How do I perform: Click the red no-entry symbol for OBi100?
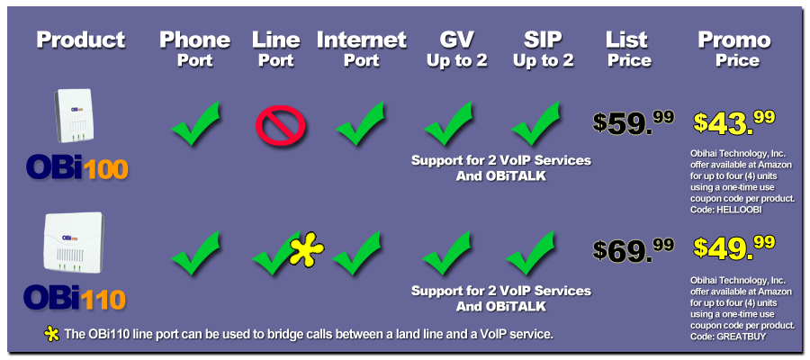pyautogui.click(x=281, y=125)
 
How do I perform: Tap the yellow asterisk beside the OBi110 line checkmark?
pyautogui.click(x=306, y=249)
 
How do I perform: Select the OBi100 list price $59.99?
pyautogui.click(x=634, y=123)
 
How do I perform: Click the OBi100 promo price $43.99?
pyautogui.click(x=734, y=123)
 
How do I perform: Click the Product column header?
pyautogui.click(x=81, y=40)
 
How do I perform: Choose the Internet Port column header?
pyautogui.click(x=362, y=49)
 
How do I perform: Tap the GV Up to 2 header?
pyautogui.click(x=456, y=49)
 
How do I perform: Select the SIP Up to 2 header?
pyautogui.click(x=543, y=49)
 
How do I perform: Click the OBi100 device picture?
pyautogui.click(x=75, y=116)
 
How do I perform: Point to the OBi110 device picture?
pyautogui.click(x=74, y=242)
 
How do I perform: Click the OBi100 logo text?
pyautogui.click(x=77, y=168)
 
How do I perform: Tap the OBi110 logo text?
pyautogui.click(x=75, y=298)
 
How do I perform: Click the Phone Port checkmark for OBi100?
pyautogui.click(x=196, y=123)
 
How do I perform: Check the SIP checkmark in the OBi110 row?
pyautogui.click(x=530, y=253)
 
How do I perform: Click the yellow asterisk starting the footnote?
pyautogui.click(x=51, y=334)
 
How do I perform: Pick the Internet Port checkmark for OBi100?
pyautogui.click(x=360, y=123)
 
